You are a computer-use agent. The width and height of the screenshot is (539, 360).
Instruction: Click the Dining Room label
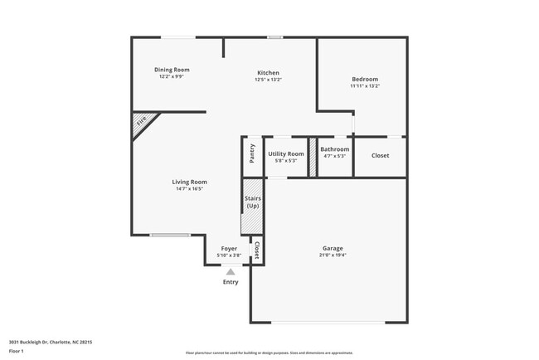(x=172, y=70)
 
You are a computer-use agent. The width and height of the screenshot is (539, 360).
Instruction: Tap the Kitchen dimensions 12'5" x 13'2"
(x=268, y=80)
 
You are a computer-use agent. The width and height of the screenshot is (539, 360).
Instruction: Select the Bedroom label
(x=364, y=79)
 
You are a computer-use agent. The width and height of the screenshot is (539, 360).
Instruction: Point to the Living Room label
(x=189, y=182)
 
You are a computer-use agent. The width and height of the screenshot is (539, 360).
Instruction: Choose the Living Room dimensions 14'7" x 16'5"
(x=189, y=189)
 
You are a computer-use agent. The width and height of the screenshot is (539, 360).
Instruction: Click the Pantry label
(x=252, y=153)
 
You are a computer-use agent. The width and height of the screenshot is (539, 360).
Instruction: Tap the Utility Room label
(x=286, y=153)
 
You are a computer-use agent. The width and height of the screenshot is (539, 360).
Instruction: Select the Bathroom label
(x=334, y=149)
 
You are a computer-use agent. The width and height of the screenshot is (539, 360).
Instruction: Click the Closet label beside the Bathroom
(x=380, y=155)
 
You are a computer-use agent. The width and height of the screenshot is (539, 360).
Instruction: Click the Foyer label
(x=229, y=248)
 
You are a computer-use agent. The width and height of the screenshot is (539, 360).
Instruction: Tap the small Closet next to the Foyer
(x=256, y=250)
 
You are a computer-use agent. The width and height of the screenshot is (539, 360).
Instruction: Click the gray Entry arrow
(x=231, y=271)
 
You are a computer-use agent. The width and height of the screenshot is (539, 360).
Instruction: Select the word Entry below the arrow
(x=231, y=282)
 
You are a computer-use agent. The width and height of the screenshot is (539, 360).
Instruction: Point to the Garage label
(x=333, y=248)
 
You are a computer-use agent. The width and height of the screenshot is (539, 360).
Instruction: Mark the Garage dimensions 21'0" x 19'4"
(x=333, y=255)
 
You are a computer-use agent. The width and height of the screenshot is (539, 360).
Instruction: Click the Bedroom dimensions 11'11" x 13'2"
(x=364, y=86)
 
